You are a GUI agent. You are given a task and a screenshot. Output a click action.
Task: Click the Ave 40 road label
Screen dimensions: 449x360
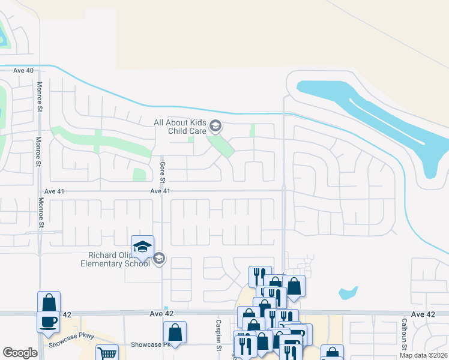click(23, 71)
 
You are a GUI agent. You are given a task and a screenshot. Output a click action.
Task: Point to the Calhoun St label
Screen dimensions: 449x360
click(405, 333)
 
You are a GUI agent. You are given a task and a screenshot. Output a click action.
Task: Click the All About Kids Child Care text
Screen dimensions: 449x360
click(180, 127)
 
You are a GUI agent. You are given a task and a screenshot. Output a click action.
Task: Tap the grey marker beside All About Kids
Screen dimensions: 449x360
click(216, 127)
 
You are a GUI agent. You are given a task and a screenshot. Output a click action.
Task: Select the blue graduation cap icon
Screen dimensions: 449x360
click(142, 246)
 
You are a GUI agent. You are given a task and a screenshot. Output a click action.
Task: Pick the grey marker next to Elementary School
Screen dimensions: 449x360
click(159, 259)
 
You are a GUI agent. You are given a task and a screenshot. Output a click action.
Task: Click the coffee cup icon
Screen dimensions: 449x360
click(49, 321)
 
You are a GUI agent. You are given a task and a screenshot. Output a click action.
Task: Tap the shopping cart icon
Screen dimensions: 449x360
click(106, 354)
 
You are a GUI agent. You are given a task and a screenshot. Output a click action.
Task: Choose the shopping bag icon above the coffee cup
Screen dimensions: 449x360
click(49, 302)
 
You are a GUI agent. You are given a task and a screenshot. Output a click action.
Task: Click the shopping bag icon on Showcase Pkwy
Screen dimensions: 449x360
click(175, 332)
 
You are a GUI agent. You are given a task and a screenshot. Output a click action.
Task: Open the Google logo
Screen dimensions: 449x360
click(20, 353)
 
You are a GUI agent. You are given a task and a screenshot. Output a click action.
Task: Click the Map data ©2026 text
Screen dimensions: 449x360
click(423, 355)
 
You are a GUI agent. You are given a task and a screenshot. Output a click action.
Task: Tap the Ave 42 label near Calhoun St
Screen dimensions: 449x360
click(423, 314)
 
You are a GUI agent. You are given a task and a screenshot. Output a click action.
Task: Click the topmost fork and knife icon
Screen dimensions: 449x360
click(260, 276)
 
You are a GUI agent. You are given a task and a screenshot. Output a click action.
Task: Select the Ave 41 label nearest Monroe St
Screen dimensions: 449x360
click(54, 191)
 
